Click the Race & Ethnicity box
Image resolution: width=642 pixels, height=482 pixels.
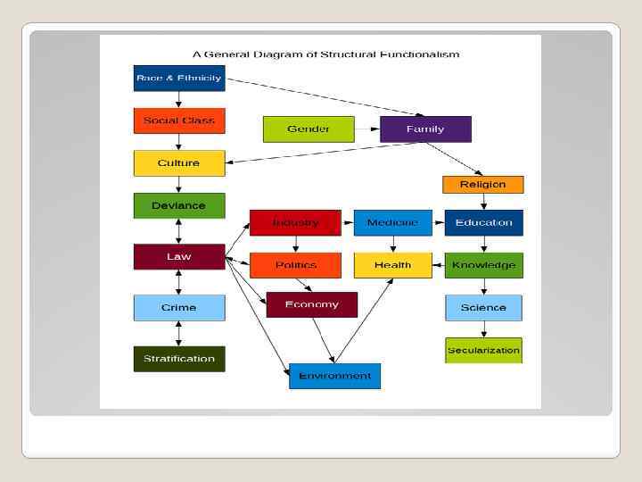(178, 79)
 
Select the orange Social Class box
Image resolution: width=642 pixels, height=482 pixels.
(178, 120)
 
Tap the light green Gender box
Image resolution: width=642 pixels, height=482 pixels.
(309, 129)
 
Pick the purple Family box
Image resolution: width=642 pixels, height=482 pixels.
(425, 129)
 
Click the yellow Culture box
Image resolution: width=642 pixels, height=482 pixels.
(178, 163)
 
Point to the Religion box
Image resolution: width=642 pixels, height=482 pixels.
(482, 185)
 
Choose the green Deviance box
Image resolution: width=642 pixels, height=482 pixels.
(178, 205)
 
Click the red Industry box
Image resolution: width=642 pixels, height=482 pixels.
(295, 222)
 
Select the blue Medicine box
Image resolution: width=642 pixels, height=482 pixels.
(392, 222)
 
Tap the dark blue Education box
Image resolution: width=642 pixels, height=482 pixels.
(483, 222)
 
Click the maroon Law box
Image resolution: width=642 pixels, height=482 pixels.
(178, 257)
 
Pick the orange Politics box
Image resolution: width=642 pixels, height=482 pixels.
(295, 265)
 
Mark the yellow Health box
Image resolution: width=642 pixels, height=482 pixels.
(392, 265)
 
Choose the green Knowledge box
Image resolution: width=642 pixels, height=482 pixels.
(483, 265)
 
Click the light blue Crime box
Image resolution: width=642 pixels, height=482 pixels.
(178, 308)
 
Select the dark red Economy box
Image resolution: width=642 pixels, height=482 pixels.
(311, 304)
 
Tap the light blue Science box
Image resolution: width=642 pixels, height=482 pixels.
(483, 308)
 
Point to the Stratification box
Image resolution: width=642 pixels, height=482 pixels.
(178, 359)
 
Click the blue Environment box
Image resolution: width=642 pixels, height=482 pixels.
(334, 376)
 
